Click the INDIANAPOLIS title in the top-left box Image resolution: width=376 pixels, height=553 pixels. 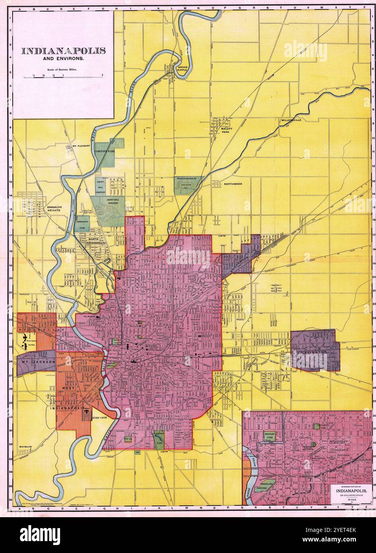[63, 51]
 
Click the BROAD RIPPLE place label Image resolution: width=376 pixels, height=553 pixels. [182, 69]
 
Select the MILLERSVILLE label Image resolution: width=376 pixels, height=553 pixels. [292, 120]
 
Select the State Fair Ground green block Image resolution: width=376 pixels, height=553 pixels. [188, 185]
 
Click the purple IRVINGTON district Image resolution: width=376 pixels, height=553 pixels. [315, 350]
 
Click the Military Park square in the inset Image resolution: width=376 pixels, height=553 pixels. [273, 436]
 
